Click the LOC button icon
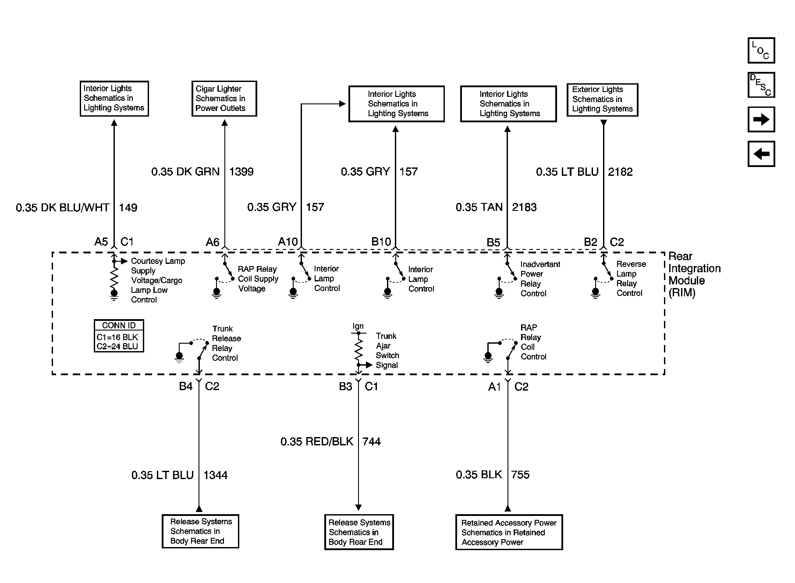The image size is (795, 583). coord(761,50)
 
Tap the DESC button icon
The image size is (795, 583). coord(761,85)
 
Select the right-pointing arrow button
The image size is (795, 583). coord(761,119)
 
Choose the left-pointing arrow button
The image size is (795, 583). coord(761,154)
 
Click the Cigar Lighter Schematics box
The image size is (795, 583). coord(224,99)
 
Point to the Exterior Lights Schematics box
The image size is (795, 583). coord(602,100)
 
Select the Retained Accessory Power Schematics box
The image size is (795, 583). coord(509,532)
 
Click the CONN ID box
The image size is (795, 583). coord(119,336)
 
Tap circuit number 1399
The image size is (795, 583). coord(241,171)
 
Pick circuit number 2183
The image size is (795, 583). coord(524,207)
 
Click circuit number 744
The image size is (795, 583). coord(372,441)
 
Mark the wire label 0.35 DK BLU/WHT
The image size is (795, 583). coord(63,207)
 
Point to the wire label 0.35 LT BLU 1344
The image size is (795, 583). coord(179,475)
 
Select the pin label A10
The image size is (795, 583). coord(288,242)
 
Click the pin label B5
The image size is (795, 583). coord(493,242)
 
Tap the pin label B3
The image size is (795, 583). coord(345,386)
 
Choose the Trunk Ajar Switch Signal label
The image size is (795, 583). coord(387,351)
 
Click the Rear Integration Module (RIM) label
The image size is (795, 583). coord(695,274)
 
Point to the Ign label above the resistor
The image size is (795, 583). coord(358,326)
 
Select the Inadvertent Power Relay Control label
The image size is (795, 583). coord(540,279)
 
